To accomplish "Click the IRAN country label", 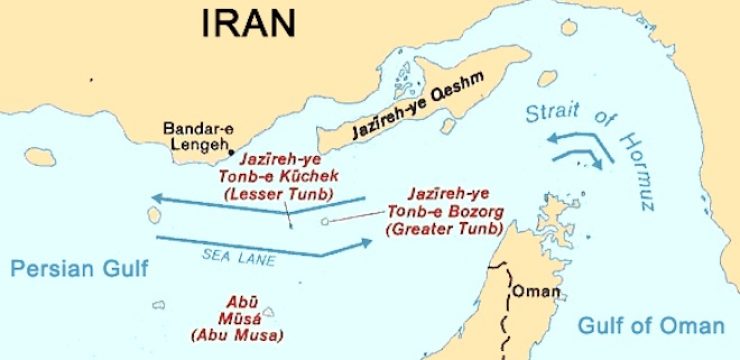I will click(x=250, y=23).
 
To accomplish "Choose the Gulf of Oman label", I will click(x=650, y=326).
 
